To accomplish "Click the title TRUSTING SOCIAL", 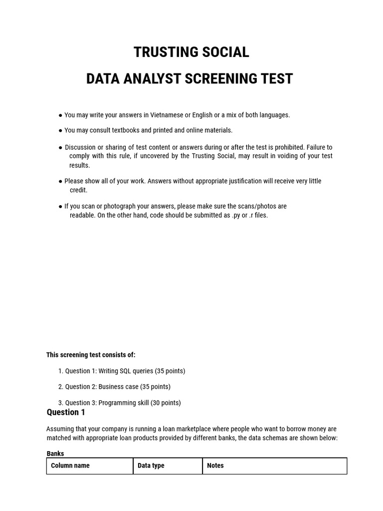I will click(x=191, y=52).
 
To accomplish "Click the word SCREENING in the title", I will click(x=221, y=79).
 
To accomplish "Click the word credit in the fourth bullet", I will click(x=78, y=190).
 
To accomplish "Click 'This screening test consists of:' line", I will click(x=91, y=355).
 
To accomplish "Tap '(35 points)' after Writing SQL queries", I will click(x=170, y=371).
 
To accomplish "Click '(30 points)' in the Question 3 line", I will click(x=166, y=403).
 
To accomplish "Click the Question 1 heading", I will click(x=66, y=412).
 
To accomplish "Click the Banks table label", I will click(x=55, y=454).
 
